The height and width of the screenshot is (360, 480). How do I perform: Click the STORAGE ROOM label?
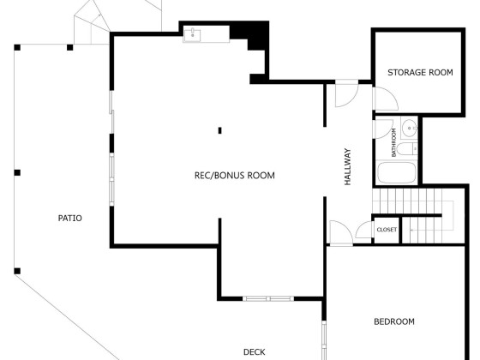pos(420,73)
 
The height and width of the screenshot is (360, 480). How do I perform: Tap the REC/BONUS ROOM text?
pos(235,176)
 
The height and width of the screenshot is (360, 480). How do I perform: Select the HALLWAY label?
pos(348,167)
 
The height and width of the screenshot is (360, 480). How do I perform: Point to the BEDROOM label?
pos(394,321)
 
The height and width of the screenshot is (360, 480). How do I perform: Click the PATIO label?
pos(69,219)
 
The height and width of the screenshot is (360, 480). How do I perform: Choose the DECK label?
pos(254,352)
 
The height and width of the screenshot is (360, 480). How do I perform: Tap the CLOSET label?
pos(387,230)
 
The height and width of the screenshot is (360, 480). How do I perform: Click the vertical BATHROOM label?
pos(394,142)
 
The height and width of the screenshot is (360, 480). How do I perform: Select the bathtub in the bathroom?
pos(396,172)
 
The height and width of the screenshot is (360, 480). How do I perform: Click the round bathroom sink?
pos(410,128)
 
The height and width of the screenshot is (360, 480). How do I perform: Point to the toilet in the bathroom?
pos(407,149)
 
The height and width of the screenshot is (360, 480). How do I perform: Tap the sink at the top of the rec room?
pos(193,34)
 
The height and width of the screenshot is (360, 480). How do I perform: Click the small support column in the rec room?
pos(219,130)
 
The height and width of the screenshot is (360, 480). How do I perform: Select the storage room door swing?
pos(386,99)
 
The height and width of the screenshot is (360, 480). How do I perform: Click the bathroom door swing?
pos(383,129)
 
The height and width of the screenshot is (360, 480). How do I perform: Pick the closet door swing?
pos(364,230)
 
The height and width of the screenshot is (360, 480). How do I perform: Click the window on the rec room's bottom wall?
pos(268,298)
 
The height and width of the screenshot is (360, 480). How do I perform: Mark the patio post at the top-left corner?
pos(17,47)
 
